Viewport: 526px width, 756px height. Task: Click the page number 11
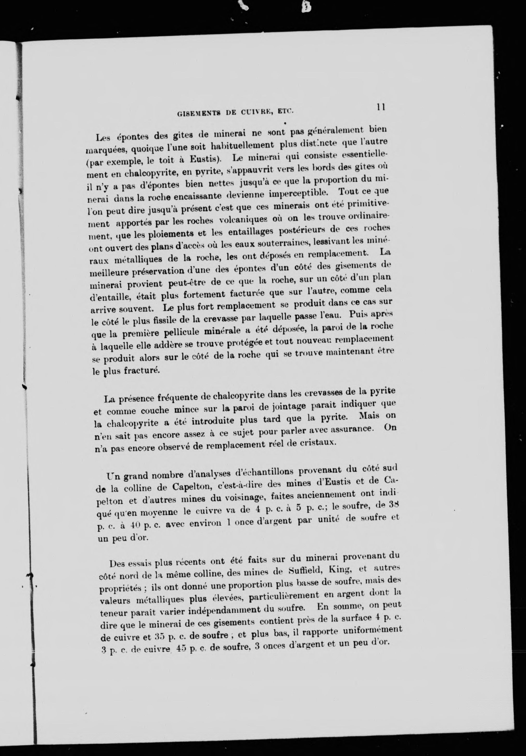click(381, 107)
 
